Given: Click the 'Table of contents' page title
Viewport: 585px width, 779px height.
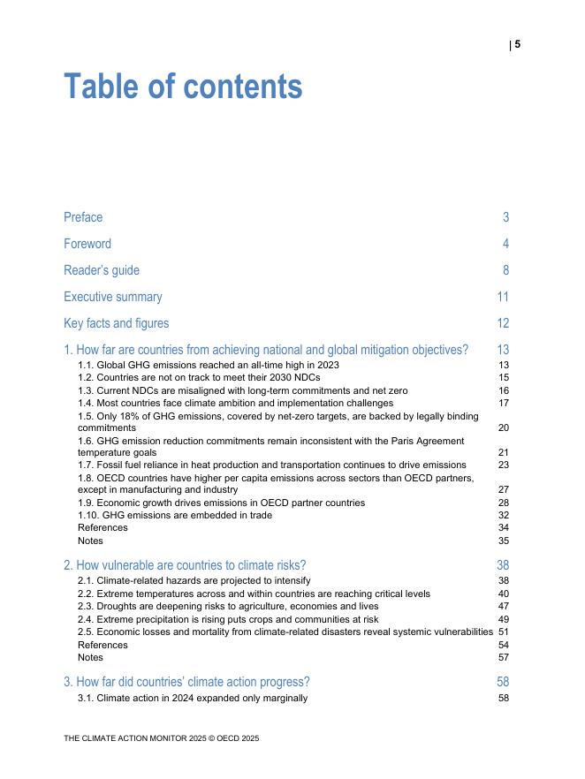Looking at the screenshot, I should [183, 87].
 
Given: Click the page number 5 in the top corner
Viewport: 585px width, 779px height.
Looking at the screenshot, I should [518, 44].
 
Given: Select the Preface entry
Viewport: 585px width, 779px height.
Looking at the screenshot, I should [83, 217].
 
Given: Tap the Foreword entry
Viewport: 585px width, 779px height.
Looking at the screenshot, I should [87, 244].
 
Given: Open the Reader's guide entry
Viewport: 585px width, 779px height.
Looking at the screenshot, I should [102, 270].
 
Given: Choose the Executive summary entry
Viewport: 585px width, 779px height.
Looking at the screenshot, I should [113, 297].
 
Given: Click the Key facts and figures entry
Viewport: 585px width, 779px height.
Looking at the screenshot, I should [116, 323].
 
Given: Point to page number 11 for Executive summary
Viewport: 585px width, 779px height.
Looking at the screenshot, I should [503, 297].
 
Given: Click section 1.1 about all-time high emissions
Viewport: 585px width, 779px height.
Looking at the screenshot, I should [208, 365].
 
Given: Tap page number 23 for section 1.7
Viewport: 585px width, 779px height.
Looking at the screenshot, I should [504, 465].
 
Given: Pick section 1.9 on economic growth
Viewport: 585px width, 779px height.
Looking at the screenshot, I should [221, 503].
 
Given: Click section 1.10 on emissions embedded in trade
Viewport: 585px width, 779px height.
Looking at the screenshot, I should [175, 515].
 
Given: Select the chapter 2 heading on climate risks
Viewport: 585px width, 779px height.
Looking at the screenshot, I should [185, 565].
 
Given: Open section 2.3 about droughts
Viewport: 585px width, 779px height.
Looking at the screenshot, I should [228, 607].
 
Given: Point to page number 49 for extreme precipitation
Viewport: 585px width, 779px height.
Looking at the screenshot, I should [504, 619].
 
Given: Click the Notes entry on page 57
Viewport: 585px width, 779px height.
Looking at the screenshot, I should [90, 657].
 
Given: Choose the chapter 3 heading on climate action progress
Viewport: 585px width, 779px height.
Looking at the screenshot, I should [186, 682].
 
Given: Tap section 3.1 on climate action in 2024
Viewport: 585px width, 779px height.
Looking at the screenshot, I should [193, 698].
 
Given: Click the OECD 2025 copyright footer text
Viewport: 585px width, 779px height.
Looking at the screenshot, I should [161, 737].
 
